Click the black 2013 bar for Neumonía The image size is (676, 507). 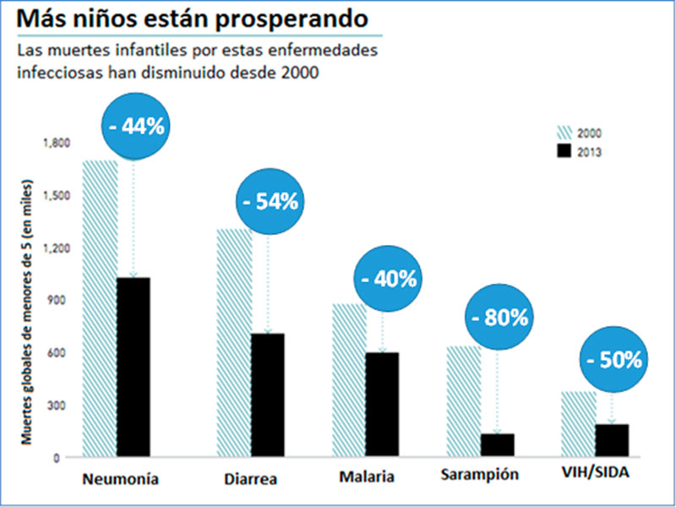tap(134, 368)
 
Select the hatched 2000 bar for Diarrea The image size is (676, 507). tap(234, 342)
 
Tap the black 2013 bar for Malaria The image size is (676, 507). tap(382, 405)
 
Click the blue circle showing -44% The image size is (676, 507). tap(137, 127)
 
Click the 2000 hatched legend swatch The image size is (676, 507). tap(564, 133)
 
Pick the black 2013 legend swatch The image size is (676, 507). tap(564, 151)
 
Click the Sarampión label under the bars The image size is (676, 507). tap(483, 475)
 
